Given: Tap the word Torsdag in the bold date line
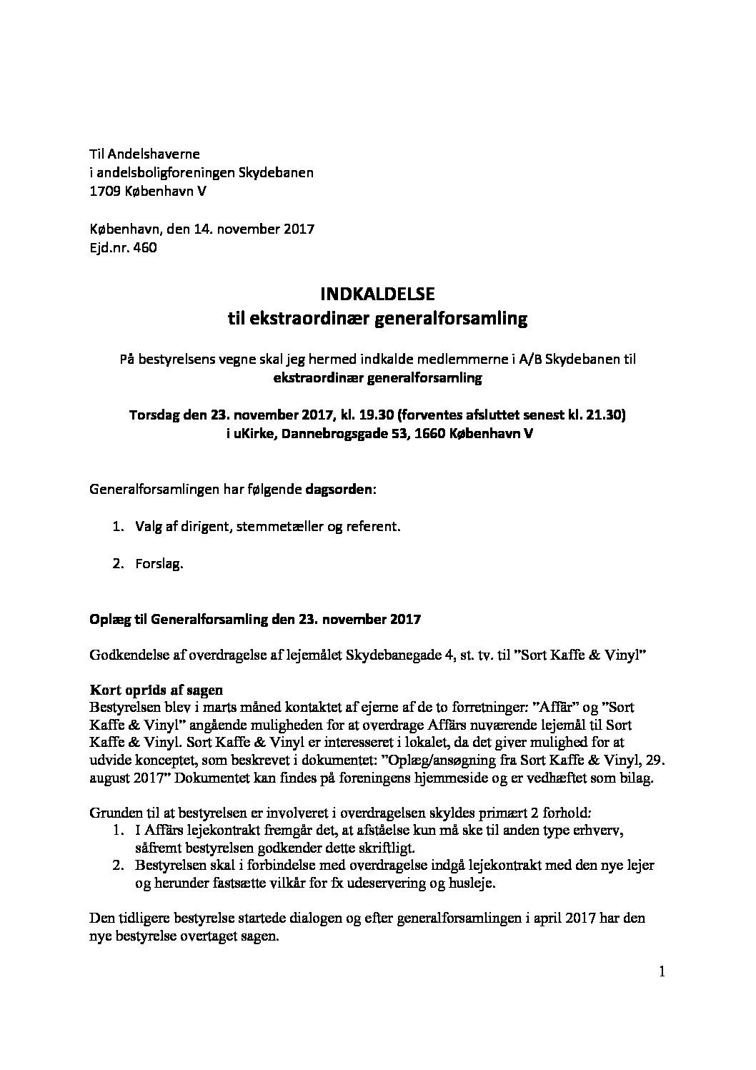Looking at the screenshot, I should [152, 415].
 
